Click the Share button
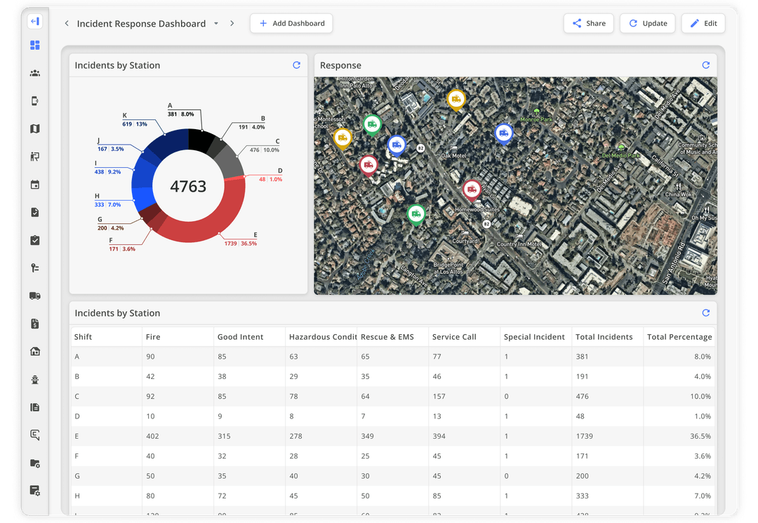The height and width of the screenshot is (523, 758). [588, 23]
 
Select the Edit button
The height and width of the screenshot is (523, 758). [703, 23]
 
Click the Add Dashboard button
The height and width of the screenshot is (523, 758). [291, 23]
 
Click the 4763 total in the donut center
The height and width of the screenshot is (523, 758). [188, 186]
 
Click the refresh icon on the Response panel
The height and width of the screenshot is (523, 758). [706, 65]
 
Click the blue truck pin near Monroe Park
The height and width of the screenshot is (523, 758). [503, 133]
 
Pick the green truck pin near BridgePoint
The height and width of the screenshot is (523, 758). [416, 213]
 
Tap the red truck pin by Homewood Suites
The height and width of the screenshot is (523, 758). [472, 189]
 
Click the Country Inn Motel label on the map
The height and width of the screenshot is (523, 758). [519, 244]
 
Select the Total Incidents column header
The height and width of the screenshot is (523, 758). [604, 337]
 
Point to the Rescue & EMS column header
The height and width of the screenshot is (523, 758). [387, 337]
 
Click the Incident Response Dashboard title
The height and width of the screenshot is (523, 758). [141, 23]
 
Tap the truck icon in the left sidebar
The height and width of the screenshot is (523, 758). [35, 296]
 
